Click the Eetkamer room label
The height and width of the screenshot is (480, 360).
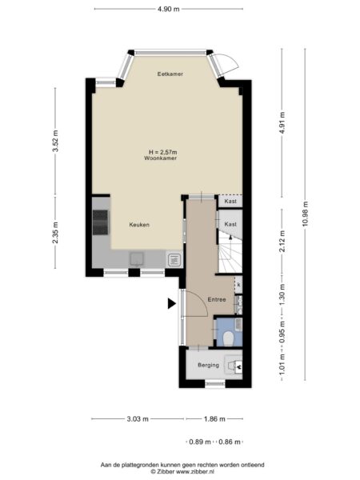tap(170, 74)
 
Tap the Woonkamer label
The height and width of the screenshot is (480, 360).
tap(161, 158)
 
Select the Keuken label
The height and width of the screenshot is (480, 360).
tap(139, 225)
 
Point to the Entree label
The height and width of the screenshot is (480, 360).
tap(217, 299)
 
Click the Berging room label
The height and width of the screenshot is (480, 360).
tap(209, 365)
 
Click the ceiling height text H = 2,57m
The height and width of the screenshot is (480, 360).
tap(163, 152)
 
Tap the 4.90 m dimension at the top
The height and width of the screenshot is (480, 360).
tap(169, 9)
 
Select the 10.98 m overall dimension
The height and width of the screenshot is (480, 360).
tap(306, 214)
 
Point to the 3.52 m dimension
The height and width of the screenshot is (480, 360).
tap(55, 141)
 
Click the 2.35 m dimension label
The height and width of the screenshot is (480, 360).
tap(55, 233)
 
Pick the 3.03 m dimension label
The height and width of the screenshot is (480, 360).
tap(138, 418)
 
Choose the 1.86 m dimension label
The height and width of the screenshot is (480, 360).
tap(214, 418)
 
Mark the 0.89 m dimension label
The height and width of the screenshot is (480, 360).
tap(200, 442)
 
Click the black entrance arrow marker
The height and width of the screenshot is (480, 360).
tap(171, 304)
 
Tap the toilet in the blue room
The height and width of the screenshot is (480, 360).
tap(229, 338)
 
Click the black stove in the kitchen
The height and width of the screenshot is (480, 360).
tap(101, 222)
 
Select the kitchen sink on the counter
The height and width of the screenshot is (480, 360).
tap(137, 258)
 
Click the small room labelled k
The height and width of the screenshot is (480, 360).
tap(238, 285)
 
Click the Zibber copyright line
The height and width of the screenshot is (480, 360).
tap(182, 472)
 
